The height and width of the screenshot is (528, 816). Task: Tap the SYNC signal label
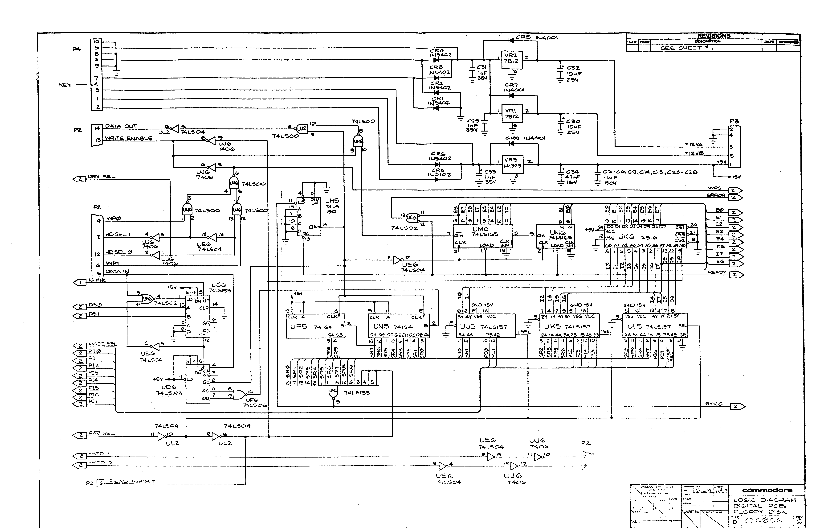(714, 404)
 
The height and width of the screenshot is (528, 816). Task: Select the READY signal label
(717, 272)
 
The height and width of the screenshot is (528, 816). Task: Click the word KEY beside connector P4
(65, 85)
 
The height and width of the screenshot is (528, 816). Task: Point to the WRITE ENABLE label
(129, 138)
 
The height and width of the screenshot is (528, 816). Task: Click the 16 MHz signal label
(97, 280)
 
